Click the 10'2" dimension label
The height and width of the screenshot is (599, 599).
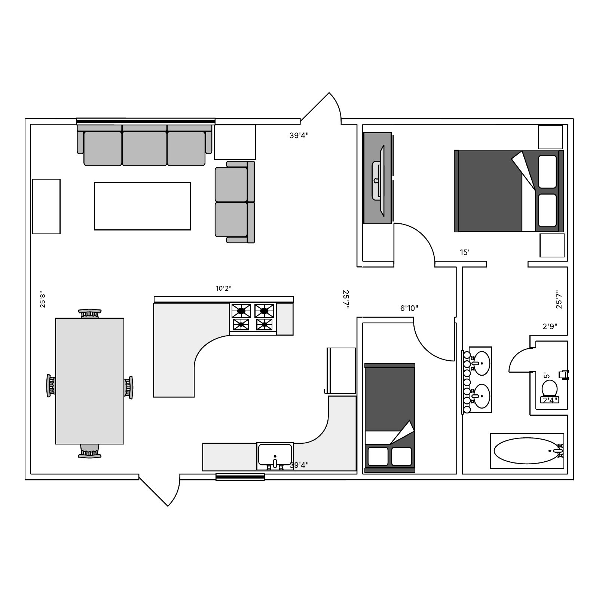point(224,288)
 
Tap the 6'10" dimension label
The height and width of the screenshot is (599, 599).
point(409,308)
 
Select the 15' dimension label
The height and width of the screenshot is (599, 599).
point(465,253)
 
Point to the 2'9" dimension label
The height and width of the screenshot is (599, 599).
point(550,326)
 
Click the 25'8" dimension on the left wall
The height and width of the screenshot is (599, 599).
point(43,300)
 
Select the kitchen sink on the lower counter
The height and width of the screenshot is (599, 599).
point(275,455)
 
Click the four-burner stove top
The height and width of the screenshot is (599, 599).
point(253,317)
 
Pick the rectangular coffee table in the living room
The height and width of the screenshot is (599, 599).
point(142,206)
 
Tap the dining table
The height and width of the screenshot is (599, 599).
point(90,381)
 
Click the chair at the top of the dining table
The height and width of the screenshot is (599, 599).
point(90,313)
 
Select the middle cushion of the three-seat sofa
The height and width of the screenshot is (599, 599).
point(144,148)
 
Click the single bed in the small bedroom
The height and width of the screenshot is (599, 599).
point(390,417)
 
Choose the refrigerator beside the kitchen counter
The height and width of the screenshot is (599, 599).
point(341,371)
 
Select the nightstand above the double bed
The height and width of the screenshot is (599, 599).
point(550,137)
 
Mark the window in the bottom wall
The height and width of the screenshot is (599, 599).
point(240,477)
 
